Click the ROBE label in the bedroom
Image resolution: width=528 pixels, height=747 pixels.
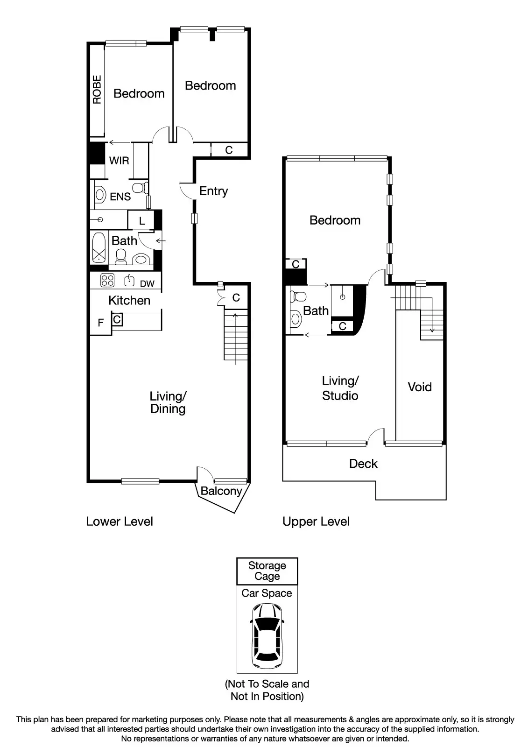point(97,90)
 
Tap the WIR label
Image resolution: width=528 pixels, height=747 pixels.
point(119,161)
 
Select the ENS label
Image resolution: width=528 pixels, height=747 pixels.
point(120,197)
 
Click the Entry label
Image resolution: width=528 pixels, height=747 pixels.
point(213,191)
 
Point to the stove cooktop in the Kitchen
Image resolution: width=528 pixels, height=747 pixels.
point(108,281)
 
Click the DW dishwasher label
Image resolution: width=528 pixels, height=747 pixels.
point(147,283)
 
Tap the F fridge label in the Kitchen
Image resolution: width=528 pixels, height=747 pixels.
point(100,323)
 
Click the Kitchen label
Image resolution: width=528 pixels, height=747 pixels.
point(129,300)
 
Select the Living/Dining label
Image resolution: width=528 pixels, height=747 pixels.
point(168,402)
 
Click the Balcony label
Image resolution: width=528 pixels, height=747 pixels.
point(221,491)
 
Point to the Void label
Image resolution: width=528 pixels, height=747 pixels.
point(420,387)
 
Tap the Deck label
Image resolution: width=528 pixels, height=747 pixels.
point(363,464)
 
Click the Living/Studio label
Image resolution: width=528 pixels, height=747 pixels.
point(340,388)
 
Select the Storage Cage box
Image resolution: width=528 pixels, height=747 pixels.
point(267,571)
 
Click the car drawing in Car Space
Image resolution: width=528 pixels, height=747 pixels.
point(267,636)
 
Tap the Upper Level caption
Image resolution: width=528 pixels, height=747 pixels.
point(316,521)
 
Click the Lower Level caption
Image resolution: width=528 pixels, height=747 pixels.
point(120,521)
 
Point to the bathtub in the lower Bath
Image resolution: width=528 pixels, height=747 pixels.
point(99,248)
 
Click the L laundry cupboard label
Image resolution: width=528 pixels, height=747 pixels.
point(142,221)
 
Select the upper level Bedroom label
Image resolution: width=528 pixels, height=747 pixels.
point(335,220)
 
